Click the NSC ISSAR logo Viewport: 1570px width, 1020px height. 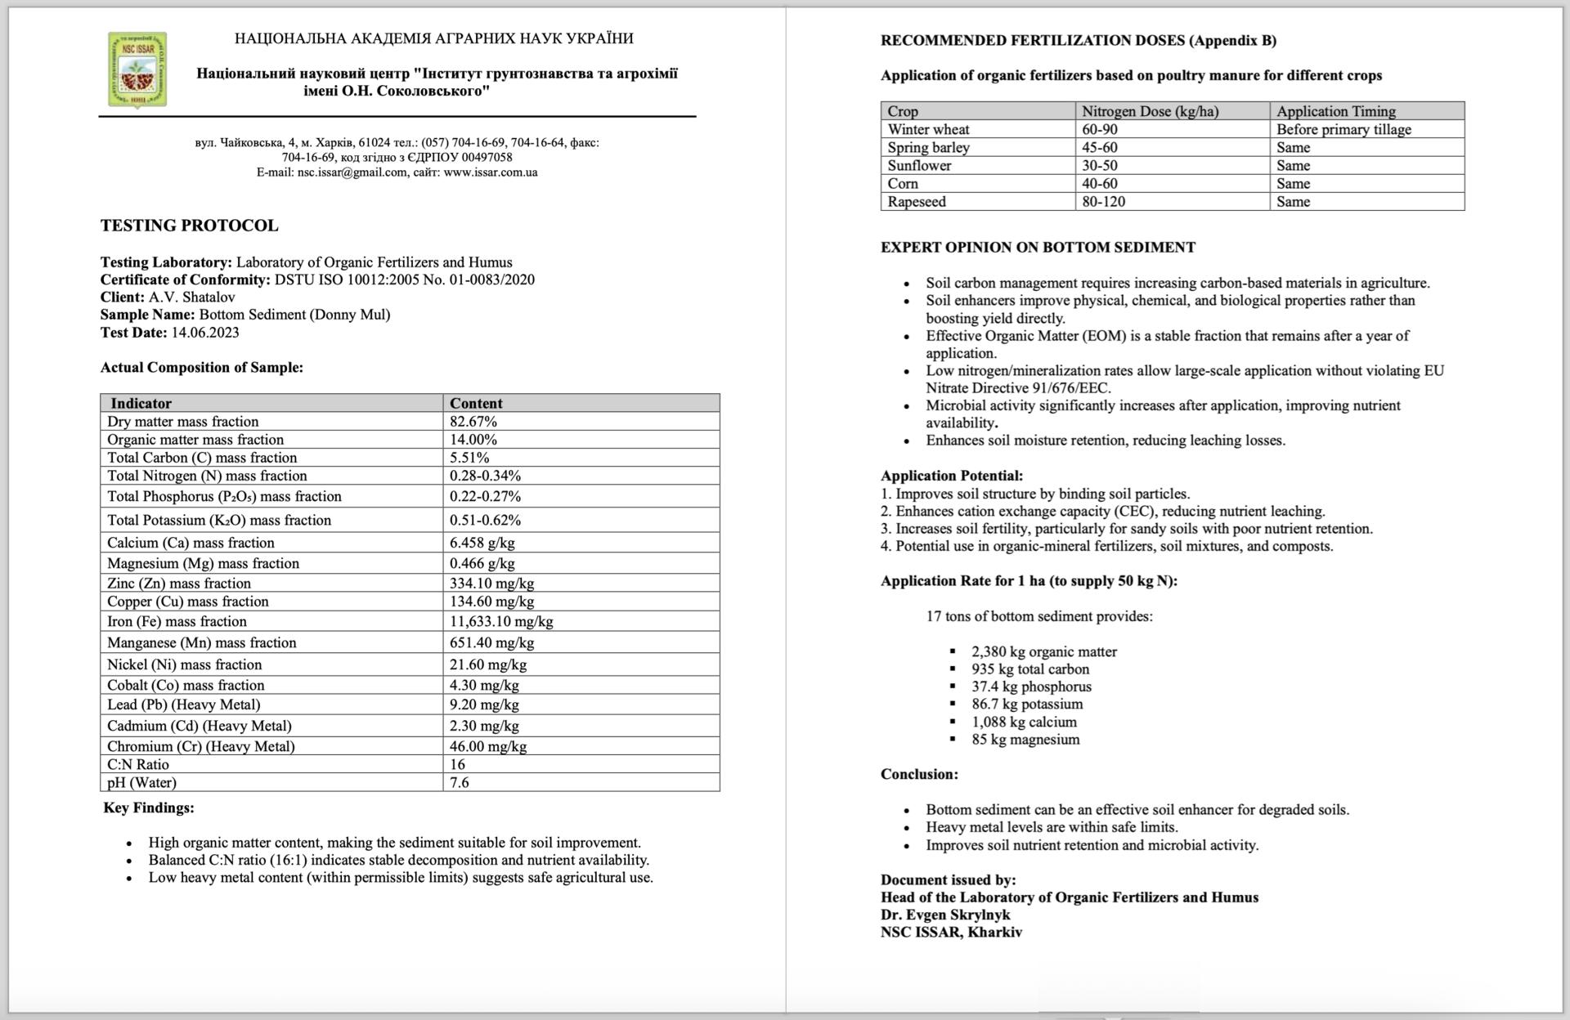pyautogui.click(x=137, y=69)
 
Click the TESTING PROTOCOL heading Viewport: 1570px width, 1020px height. pyautogui.click(x=189, y=226)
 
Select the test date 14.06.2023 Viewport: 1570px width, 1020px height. pyautogui.click(x=204, y=333)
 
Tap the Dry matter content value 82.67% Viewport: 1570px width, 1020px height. pyautogui.click(x=473, y=422)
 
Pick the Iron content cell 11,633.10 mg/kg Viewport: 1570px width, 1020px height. pyautogui.click(x=501, y=621)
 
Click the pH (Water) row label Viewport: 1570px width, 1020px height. pyautogui.click(x=141, y=782)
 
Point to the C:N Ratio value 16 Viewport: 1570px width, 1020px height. pyautogui.click(x=457, y=764)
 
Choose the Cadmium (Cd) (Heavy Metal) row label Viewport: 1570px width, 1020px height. pyautogui.click(x=199, y=726)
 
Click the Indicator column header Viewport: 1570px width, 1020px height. pyautogui.click(x=141, y=403)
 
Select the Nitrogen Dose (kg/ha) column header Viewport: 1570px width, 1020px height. pyautogui.click(x=1150, y=111)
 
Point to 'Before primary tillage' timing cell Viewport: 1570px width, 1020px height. pyautogui.click(x=1343, y=129)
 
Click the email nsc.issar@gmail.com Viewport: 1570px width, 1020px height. pyautogui.click(x=352, y=172)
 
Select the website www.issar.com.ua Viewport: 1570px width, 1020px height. pyautogui.click(x=491, y=172)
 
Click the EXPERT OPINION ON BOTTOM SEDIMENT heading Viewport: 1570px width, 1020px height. pyautogui.click(x=1038, y=248)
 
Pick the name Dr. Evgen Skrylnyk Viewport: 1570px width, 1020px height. pyautogui.click(x=945, y=915)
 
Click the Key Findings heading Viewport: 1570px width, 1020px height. pyautogui.click(x=149, y=807)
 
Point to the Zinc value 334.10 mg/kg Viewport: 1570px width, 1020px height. pyautogui.click(x=491, y=583)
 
